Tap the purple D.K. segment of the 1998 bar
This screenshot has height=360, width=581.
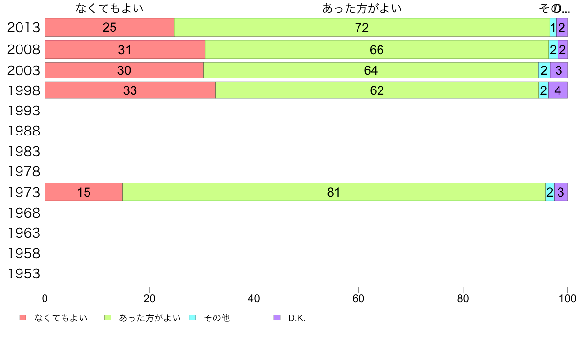pos(558,90)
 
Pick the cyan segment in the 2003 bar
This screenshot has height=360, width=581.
pos(544,70)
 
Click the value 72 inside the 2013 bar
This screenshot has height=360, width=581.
pos(361,28)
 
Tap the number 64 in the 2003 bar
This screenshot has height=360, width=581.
pos(371,70)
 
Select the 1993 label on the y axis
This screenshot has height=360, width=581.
pos(23,111)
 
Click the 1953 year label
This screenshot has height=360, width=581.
pos(23,273)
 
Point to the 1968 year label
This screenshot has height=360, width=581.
pos(23,213)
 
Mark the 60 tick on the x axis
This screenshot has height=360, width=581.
pos(358,298)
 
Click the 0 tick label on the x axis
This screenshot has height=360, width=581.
pos(45,298)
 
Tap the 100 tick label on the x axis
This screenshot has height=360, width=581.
pos(567,298)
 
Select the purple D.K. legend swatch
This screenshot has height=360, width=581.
pos(277,318)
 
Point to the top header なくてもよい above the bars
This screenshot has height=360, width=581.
pos(110,8)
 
